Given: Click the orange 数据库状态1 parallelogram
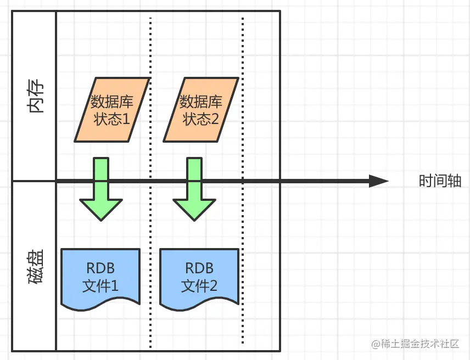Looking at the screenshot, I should (111, 109).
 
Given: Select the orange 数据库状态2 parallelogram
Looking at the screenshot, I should (200, 109).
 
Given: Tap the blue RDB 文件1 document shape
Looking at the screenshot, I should (100, 278).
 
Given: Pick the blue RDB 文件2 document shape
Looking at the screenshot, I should (199, 278).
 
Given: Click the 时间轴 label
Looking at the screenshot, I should (436, 182).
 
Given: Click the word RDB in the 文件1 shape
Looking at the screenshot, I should (100, 268).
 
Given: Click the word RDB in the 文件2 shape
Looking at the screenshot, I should (199, 268).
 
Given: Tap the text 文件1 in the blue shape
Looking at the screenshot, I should (100, 286).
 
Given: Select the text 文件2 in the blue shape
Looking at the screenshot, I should (199, 286).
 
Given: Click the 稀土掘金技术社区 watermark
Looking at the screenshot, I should (420, 344).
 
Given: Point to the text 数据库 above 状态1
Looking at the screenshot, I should (112, 102).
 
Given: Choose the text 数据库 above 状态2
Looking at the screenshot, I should (201, 102).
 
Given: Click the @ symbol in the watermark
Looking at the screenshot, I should (376, 344).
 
